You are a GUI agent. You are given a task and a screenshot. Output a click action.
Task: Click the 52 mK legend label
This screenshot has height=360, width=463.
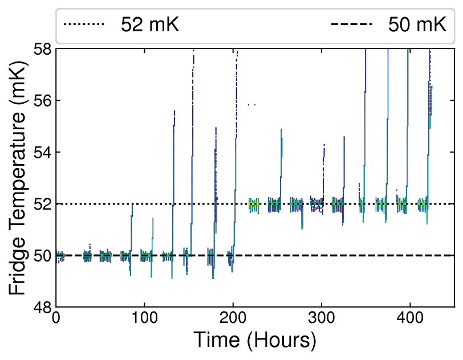(x=149, y=24)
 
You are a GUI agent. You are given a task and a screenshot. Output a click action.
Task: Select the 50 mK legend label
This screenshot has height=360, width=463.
(x=417, y=24)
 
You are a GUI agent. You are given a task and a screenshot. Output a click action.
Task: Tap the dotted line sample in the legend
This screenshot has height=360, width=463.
(x=84, y=24)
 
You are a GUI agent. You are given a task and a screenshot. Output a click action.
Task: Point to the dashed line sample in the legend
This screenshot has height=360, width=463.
(x=352, y=24)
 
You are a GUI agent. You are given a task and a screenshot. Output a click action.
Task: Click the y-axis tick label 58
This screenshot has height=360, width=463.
(x=42, y=50)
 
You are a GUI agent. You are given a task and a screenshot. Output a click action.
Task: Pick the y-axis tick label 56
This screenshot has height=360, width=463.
(x=42, y=101)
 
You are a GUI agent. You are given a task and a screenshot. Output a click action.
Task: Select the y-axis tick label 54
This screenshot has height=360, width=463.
(x=42, y=153)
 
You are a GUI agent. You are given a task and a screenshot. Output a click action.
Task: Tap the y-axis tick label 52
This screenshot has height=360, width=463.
(x=42, y=204)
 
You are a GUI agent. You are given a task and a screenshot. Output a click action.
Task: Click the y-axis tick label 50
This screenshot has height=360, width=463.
(x=42, y=256)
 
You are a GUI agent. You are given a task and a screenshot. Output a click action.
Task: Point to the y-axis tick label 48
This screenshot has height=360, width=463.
(x=42, y=308)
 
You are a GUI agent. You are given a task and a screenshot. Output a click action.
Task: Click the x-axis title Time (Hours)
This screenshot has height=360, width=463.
(x=255, y=341)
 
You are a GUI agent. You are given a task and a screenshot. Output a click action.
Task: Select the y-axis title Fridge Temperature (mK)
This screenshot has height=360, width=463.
(x=18, y=178)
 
